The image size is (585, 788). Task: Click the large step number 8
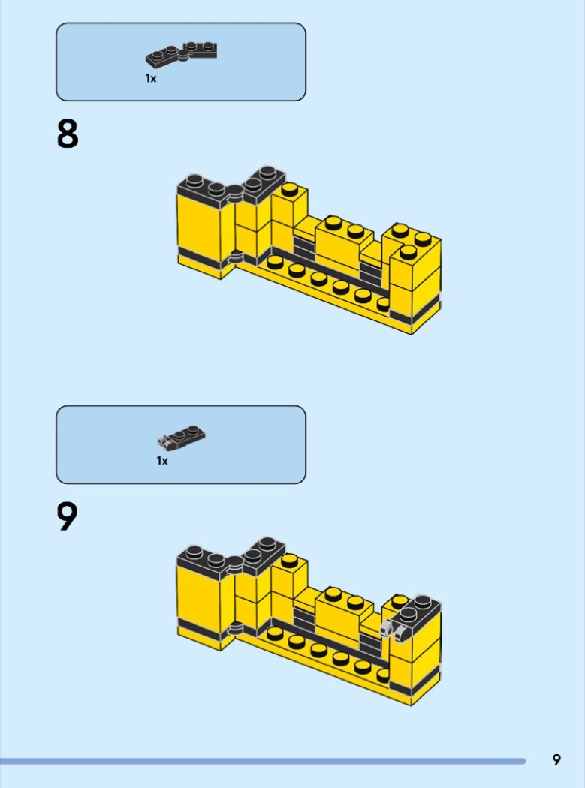(x=67, y=134)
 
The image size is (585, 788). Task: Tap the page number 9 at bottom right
(x=556, y=759)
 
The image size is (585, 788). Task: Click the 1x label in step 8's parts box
(x=151, y=78)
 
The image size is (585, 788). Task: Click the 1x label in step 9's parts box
(x=162, y=461)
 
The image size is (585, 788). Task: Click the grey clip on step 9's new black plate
(x=387, y=627)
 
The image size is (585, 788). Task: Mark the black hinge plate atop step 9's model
(x=233, y=559)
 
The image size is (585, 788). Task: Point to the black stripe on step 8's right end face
(x=425, y=306)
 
